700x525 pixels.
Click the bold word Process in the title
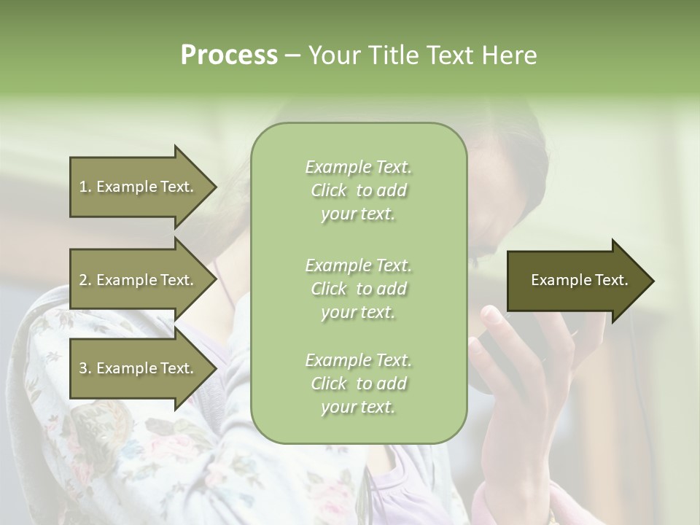229,55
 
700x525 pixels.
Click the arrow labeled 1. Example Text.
139,187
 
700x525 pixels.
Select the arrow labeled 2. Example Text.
139,280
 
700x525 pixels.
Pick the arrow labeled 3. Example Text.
139,368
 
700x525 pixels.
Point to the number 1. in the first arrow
85,187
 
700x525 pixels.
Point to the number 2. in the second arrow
85,280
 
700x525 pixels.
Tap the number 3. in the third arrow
85,368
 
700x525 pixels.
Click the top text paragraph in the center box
358,190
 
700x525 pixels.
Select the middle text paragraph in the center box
358,289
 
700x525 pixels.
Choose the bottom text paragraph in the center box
358,384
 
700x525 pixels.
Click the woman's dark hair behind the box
510,168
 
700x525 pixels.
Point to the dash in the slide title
292,56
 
